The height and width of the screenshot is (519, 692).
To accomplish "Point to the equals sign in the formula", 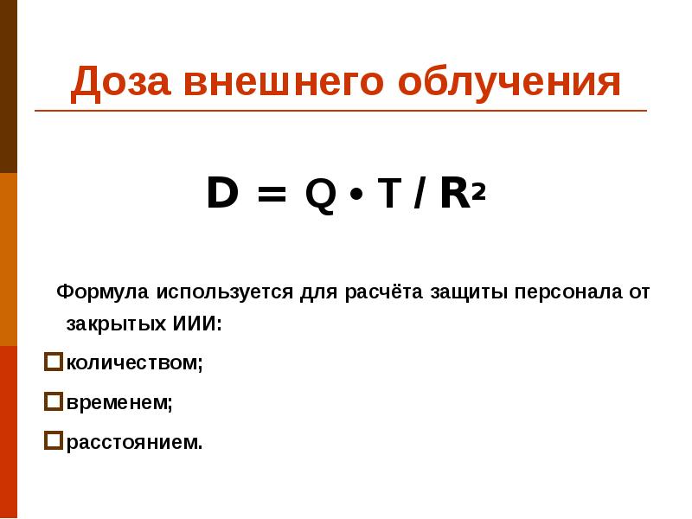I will (x=271, y=195).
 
